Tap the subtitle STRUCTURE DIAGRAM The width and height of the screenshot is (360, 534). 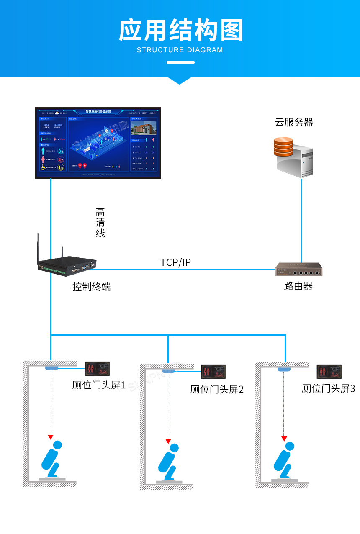pos(180,50)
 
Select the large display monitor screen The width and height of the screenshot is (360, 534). pos(98,143)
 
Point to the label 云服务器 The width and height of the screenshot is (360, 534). pos(294,122)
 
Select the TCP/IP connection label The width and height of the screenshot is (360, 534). pos(175,262)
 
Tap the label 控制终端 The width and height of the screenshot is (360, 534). pos(92,287)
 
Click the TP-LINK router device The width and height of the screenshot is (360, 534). pos(299,270)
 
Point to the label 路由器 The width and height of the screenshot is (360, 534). pos(298,286)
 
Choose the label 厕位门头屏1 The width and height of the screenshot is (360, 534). pos(99,385)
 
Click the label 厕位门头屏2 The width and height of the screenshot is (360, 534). pos(217,390)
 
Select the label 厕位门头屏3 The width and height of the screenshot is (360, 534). pos(328,389)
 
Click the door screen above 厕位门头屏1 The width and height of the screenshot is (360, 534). pos(98,369)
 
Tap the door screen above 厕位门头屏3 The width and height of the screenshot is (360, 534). pos(329,371)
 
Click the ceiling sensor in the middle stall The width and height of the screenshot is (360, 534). pos(168,370)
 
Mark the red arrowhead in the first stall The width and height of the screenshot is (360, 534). pos(51,437)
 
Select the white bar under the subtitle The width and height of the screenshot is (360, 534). pos(180,62)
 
